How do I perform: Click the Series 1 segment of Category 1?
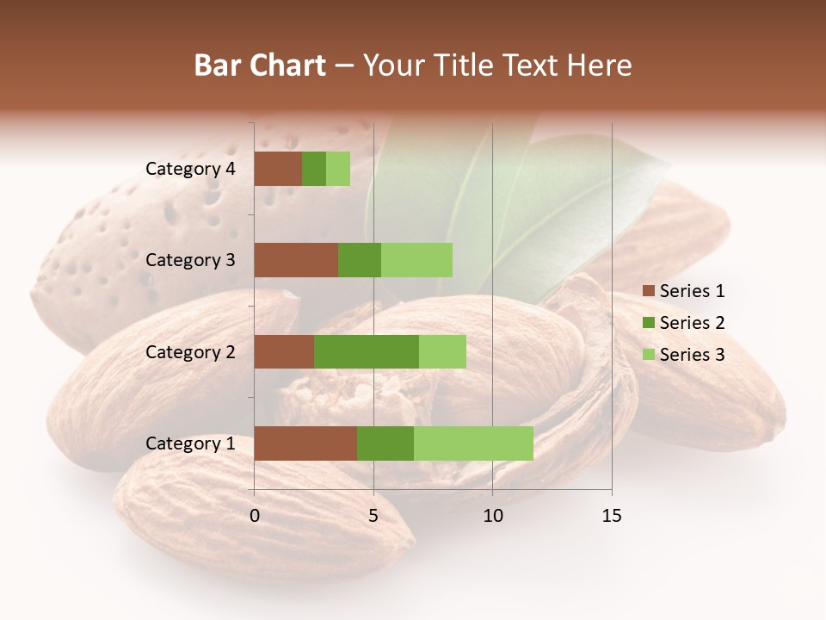pos(305,443)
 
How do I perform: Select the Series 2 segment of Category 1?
pos(385,443)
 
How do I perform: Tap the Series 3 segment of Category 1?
pos(473,443)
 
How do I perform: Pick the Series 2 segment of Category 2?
pos(367,351)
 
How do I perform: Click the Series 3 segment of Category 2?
pos(442,351)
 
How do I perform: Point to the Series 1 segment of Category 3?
pos(296,260)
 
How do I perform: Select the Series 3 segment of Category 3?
pos(416,260)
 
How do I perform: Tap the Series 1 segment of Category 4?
pos(278,169)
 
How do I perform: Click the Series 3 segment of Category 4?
pos(338,169)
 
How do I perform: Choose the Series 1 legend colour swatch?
pos(649,291)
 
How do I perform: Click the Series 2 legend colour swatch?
pos(649,323)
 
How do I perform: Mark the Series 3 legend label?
pos(692,355)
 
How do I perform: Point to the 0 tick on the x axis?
pos(255,516)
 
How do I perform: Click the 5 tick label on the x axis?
pos(373,516)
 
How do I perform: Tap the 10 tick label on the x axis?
pos(492,516)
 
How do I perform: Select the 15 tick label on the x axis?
pos(612,516)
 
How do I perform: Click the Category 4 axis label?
pos(190,169)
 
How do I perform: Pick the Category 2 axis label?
pos(190,351)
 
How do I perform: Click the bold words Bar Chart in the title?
pos(260,65)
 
